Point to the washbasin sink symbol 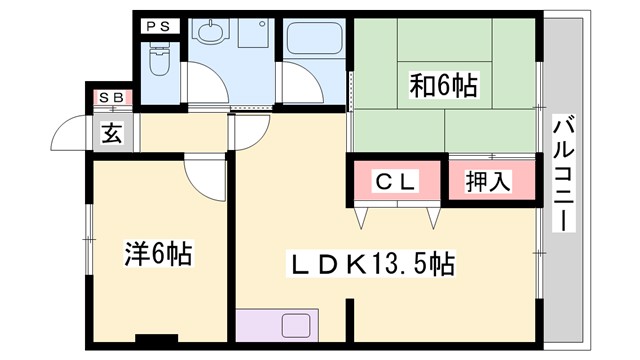pos(209,36)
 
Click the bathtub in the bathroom pos(311,40)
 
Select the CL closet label pos(395,182)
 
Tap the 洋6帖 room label pos(159,254)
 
